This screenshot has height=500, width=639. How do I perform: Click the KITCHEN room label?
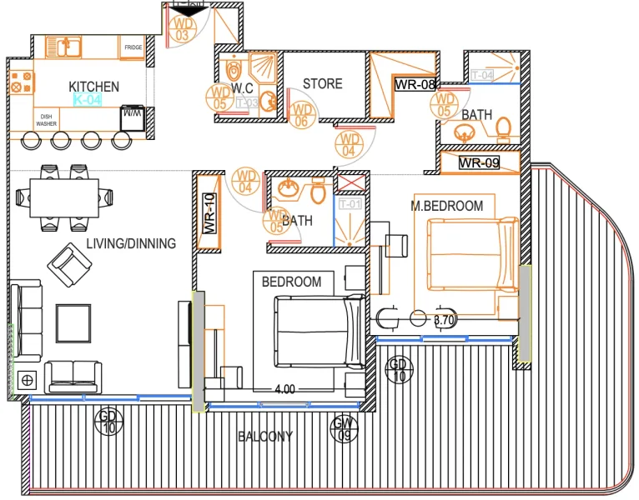(93, 87)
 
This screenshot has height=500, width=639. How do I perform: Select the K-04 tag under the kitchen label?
(87, 100)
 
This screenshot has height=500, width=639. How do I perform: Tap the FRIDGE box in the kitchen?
(133, 48)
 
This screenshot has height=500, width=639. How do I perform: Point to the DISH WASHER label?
(46, 119)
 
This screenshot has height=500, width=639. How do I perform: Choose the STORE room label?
(322, 84)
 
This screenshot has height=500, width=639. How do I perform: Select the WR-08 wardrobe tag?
(415, 84)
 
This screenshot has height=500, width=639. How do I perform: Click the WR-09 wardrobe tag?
(480, 163)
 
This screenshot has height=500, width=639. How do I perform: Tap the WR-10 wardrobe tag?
(209, 212)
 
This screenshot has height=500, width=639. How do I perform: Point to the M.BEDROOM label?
(447, 206)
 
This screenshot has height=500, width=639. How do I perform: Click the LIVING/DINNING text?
(131, 244)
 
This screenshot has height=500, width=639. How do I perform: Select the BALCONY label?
(265, 437)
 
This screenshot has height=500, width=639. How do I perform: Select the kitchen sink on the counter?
(62, 47)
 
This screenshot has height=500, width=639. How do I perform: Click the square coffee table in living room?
(73, 321)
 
